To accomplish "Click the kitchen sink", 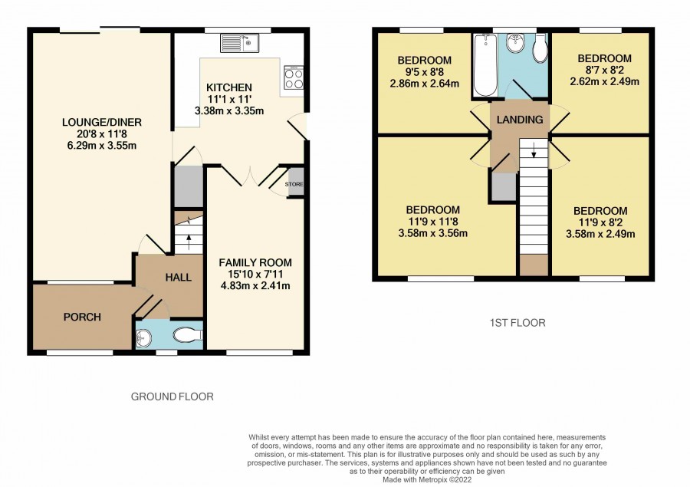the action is tap(240, 43).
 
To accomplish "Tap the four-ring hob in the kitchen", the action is tap(294, 78).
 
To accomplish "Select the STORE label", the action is tap(294, 184).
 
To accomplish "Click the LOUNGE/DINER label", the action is tap(102, 122).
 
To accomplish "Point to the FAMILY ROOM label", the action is tap(255, 263).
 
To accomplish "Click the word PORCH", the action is tap(82, 317).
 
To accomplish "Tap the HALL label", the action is tap(178, 278).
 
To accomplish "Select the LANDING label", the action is tap(520, 120).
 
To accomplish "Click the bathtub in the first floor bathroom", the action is tap(485, 64).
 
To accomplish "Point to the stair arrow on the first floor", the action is tap(534, 150).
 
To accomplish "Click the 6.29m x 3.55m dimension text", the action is tap(102, 145).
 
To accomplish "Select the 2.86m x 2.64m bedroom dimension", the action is tap(425, 84).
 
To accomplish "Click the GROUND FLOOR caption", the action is tap(172, 397).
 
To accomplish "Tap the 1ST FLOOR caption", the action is tap(517, 323).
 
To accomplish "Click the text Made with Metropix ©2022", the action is tap(427, 479).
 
